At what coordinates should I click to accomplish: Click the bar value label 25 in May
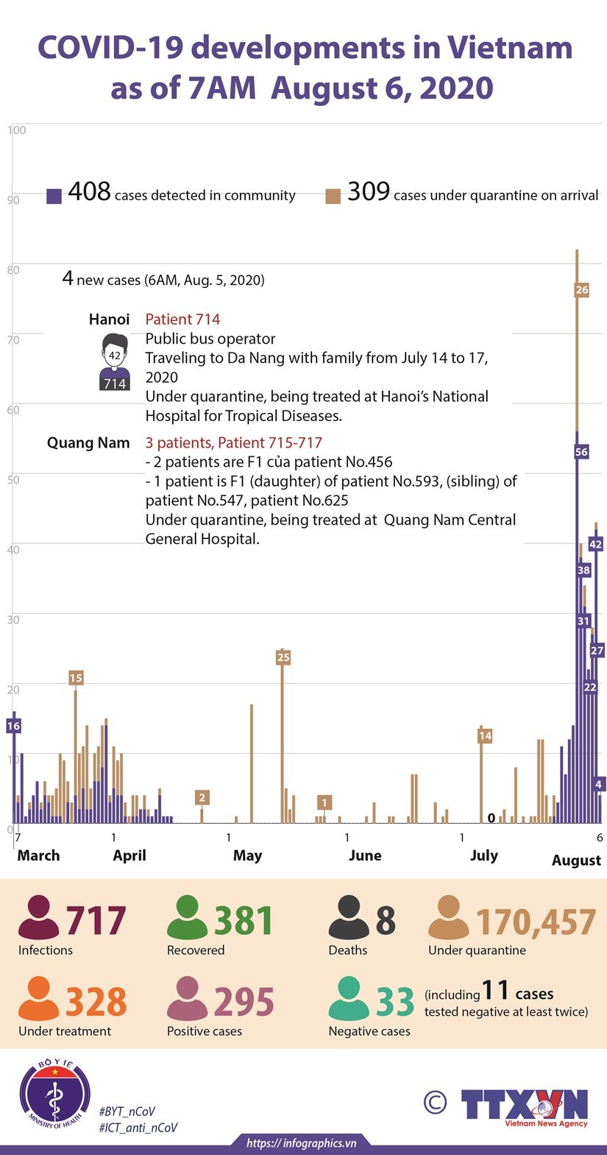283,657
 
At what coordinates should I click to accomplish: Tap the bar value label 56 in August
581,452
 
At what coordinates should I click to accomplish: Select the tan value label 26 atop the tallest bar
581,290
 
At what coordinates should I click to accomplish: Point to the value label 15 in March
76,678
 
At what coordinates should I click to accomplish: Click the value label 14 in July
485,735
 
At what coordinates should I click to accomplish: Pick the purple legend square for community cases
54,196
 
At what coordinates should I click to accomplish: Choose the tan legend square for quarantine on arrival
333,196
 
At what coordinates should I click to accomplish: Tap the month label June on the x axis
365,855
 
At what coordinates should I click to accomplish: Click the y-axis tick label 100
17,130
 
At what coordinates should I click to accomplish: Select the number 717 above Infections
96,921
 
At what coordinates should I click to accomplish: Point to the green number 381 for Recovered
244,921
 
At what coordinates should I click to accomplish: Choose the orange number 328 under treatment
96,1002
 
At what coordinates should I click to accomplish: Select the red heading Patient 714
182,319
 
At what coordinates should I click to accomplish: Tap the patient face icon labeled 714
114,361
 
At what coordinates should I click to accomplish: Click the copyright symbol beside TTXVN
436,1102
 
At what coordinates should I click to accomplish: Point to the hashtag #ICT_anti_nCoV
138,1128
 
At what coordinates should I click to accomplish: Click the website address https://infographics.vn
302,1143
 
